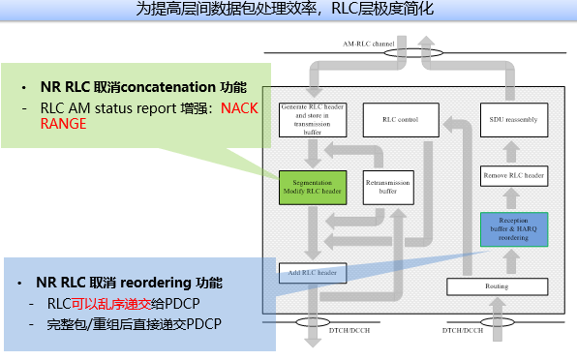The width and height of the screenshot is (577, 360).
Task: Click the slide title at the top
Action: click(x=288, y=10)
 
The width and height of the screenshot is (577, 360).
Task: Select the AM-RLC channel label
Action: click(x=369, y=45)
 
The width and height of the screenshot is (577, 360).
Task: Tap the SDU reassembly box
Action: click(x=514, y=120)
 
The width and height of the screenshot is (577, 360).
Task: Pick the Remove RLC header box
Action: click(x=514, y=176)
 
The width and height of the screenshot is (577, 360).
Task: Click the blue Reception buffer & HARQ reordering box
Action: click(x=514, y=228)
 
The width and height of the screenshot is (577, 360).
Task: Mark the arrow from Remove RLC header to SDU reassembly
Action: click(x=514, y=151)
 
